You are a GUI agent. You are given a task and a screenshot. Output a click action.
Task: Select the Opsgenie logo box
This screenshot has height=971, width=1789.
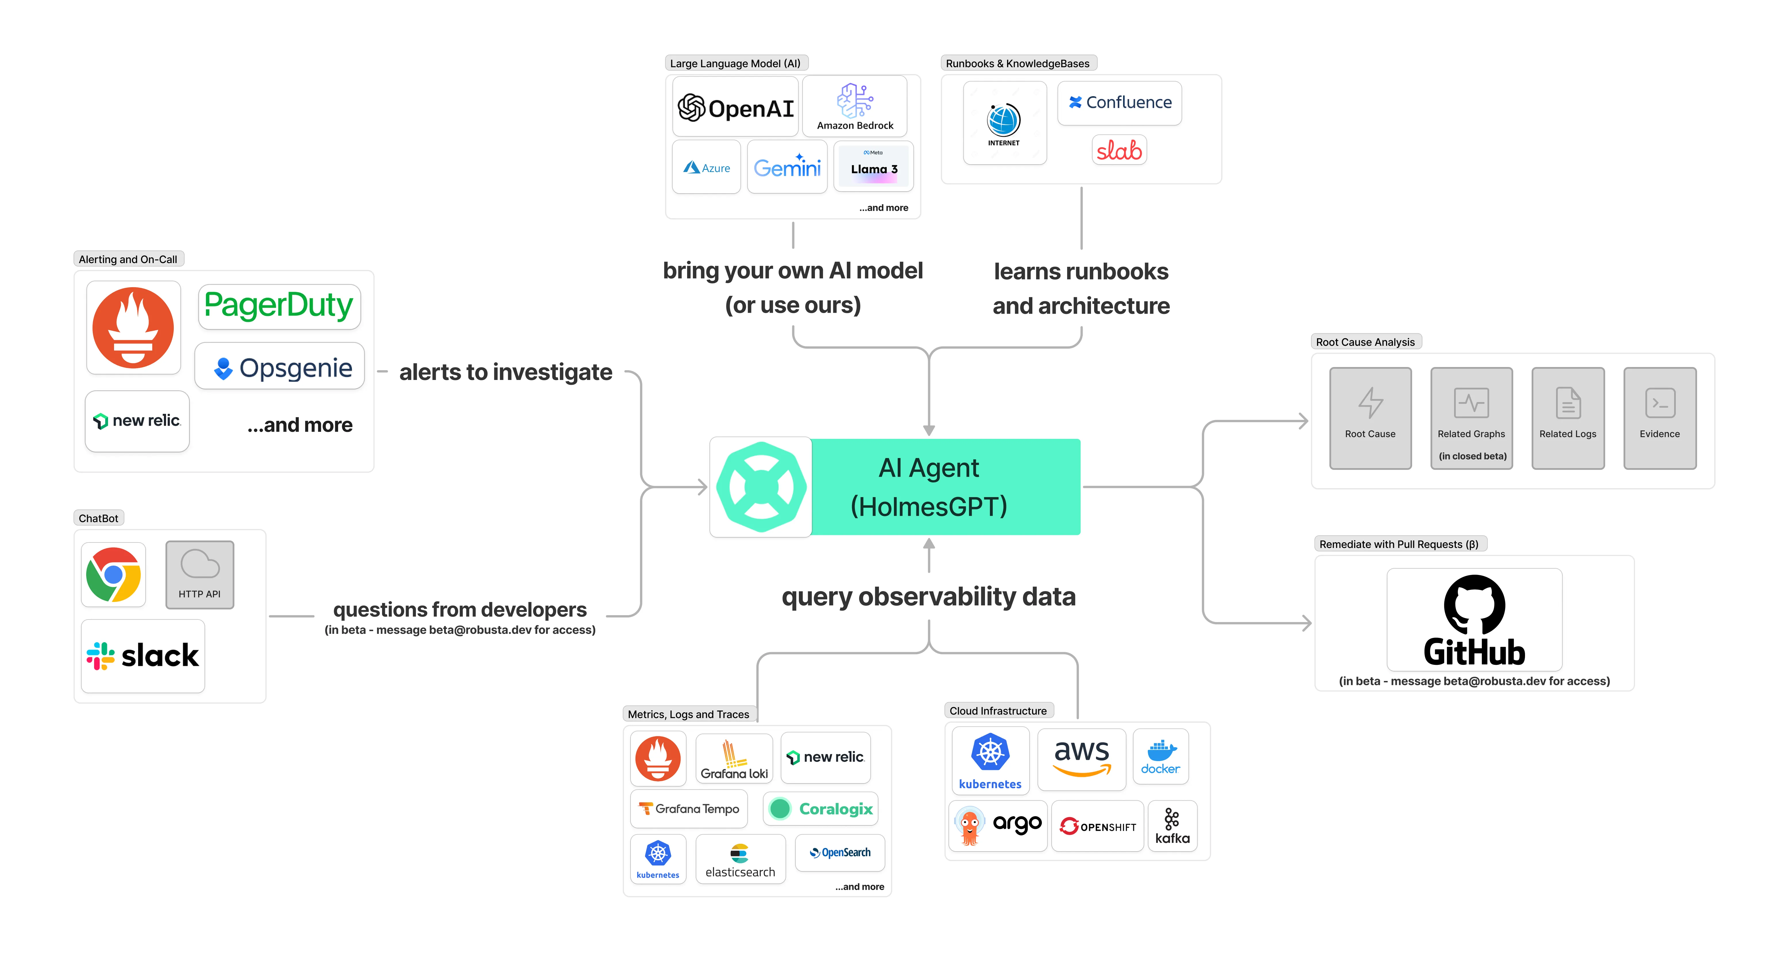pos(280,367)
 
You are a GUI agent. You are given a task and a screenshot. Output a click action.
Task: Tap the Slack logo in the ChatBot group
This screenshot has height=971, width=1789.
pos(143,656)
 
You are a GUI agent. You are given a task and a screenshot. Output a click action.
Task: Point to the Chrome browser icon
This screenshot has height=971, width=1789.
pos(113,574)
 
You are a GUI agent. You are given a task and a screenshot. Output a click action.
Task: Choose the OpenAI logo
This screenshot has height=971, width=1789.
pos(735,107)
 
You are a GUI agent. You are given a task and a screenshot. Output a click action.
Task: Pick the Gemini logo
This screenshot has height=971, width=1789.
pos(787,167)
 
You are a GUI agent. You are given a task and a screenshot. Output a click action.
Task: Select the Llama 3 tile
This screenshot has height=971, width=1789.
pos(874,167)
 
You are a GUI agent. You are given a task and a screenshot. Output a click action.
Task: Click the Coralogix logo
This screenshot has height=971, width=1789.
pos(821,808)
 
